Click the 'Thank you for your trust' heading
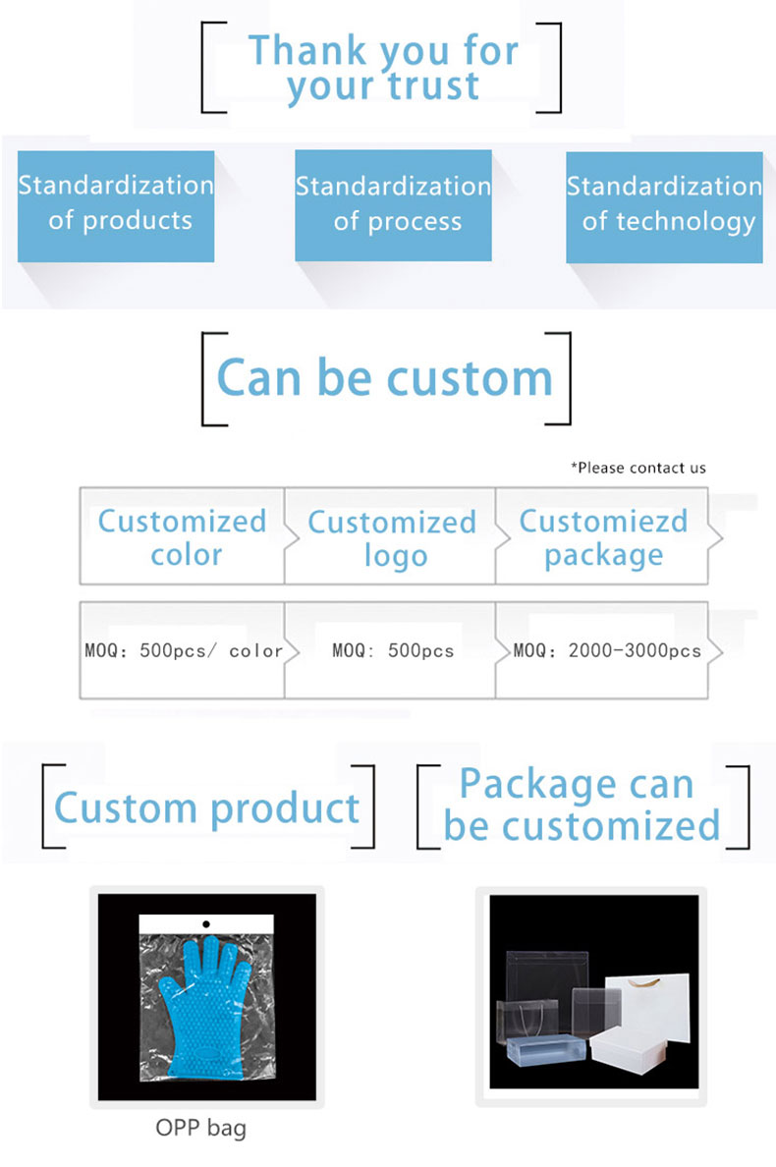click(x=382, y=68)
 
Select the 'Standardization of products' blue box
click(x=116, y=206)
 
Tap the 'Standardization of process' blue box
click(x=393, y=205)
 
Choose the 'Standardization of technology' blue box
click(x=664, y=207)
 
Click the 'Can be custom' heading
click(x=385, y=378)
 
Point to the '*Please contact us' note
click(x=638, y=468)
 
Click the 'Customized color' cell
click(x=183, y=536)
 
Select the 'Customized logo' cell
click(x=391, y=537)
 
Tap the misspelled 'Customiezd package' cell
click(x=603, y=537)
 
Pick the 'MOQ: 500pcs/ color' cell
click(x=183, y=650)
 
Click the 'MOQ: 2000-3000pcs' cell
click(x=603, y=650)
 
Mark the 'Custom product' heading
click(x=207, y=809)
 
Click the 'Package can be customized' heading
click(x=582, y=805)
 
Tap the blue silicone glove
click(x=207, y=1006)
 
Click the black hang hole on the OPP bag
click(x=206, y=923)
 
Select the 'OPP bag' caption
click(x=201, y=1128)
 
